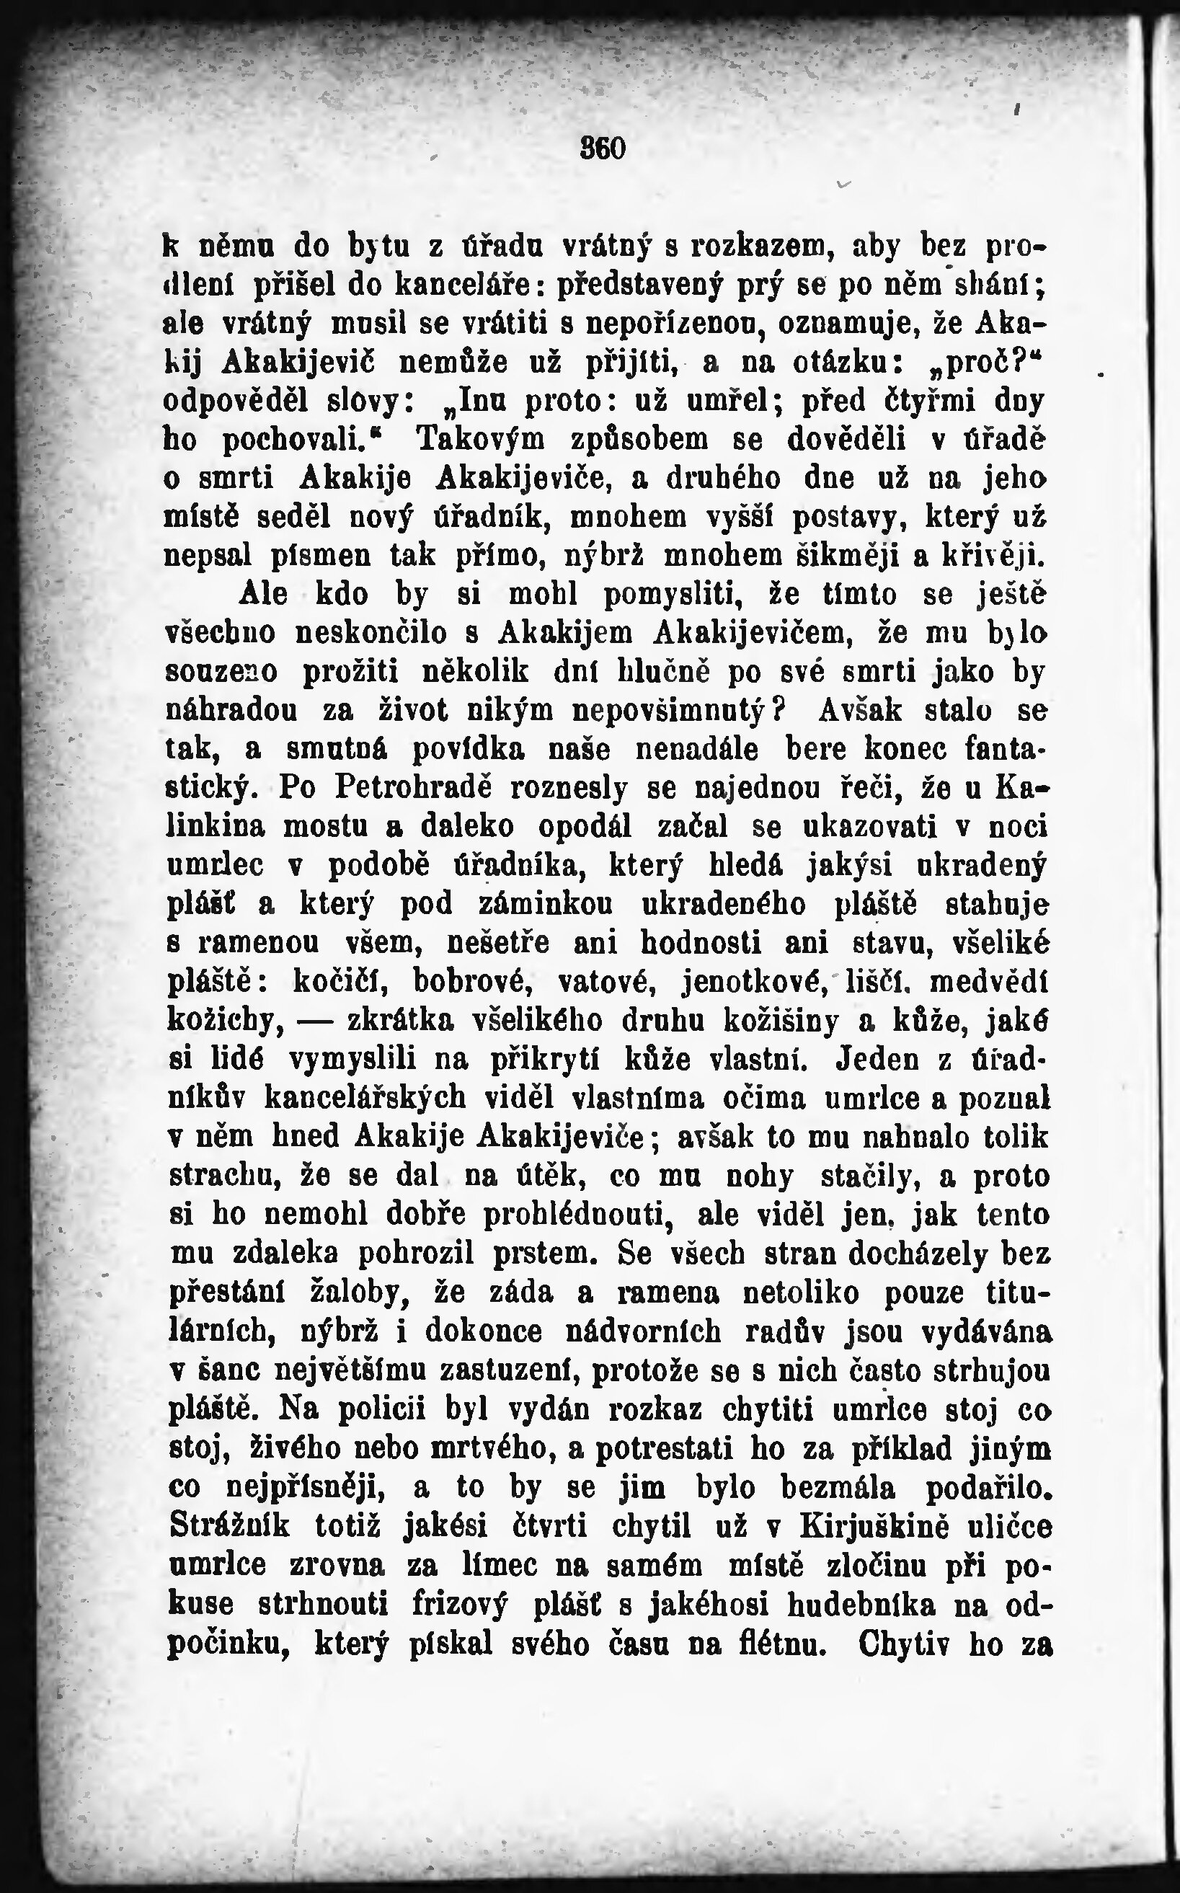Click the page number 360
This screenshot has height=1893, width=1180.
point(603,148)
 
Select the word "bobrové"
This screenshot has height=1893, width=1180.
point(473,982)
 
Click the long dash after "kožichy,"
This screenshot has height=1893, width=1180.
point(315,1021)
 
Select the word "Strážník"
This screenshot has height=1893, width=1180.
point(229,1525)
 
